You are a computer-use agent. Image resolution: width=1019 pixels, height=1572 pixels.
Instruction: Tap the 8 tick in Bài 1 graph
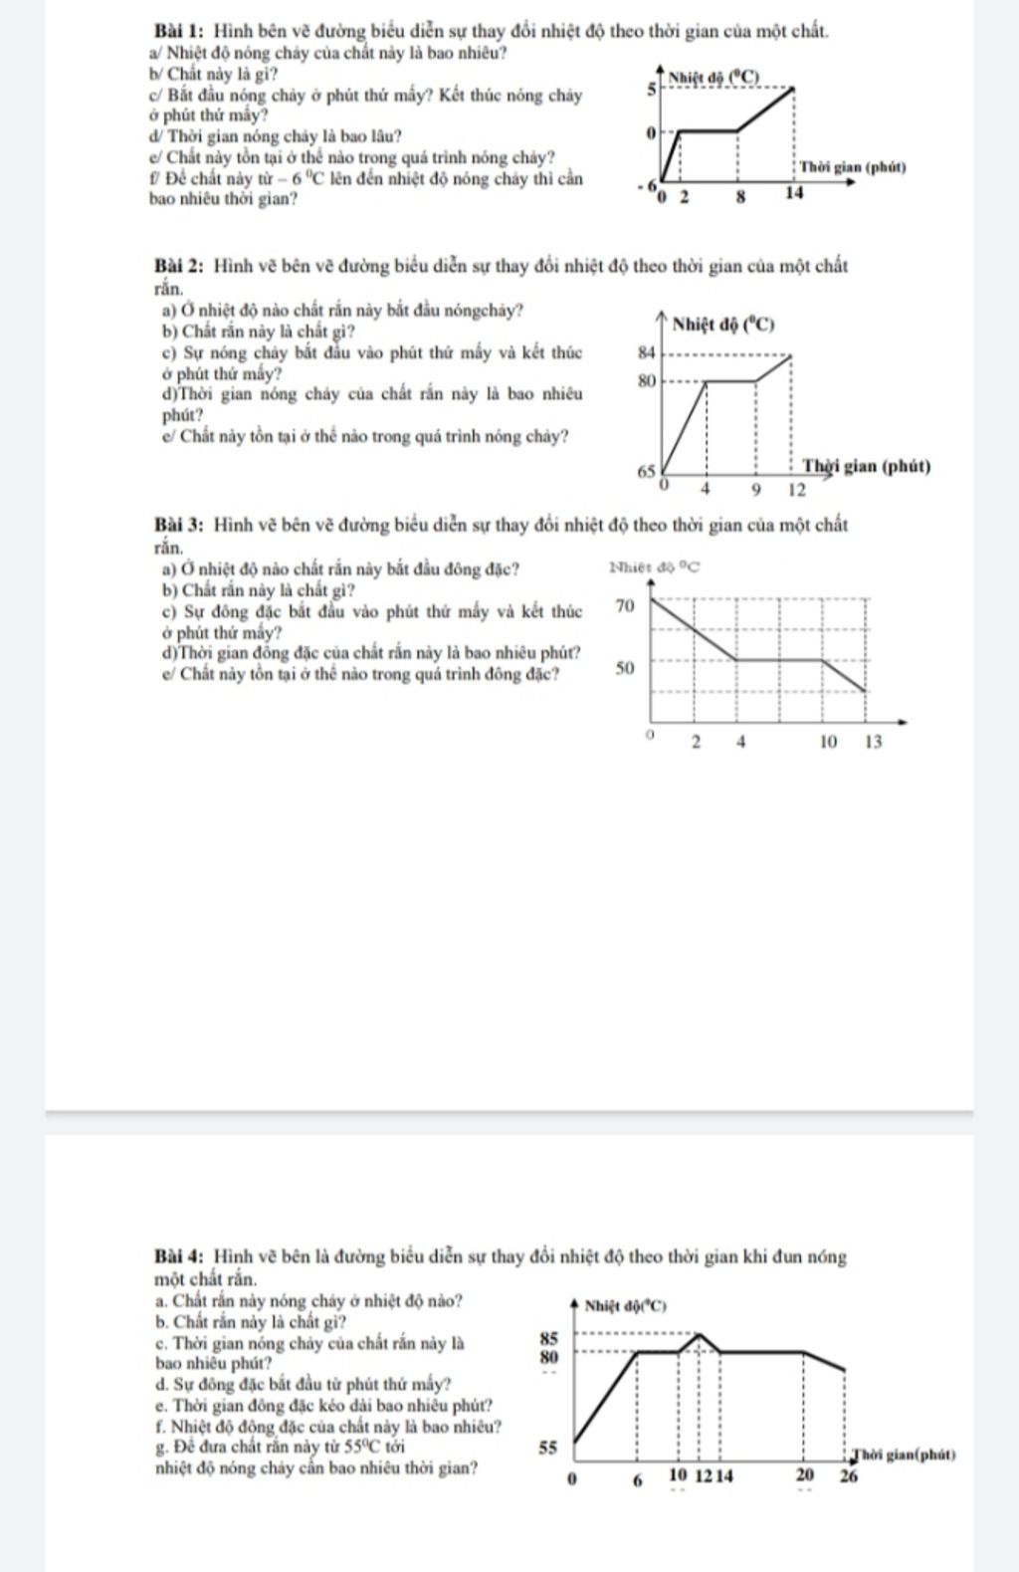tap(739, 197)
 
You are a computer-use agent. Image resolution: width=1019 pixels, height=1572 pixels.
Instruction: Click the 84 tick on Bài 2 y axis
tap(647, 351)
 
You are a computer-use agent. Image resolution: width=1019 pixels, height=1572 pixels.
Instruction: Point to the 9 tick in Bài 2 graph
tap(756, 490)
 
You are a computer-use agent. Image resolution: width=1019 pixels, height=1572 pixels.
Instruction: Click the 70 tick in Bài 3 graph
tap(624, 605)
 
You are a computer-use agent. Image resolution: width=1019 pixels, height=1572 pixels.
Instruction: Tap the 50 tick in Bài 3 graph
tap(624, 668)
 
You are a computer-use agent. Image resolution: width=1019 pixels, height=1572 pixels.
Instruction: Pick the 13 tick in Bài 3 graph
tap(872, 742)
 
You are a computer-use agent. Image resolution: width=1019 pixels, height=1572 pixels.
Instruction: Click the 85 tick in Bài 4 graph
tap(548, 1339)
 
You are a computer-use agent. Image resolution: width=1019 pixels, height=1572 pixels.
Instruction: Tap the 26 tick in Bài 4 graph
tap(847, 1476)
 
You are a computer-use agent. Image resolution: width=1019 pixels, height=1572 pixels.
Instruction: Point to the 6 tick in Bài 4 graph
tap(637, 1479)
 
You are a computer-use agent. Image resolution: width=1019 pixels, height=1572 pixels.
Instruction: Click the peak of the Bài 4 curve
tap(700, 1333)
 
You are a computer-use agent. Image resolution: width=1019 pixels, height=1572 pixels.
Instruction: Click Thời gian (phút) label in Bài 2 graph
tap(866, 466)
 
